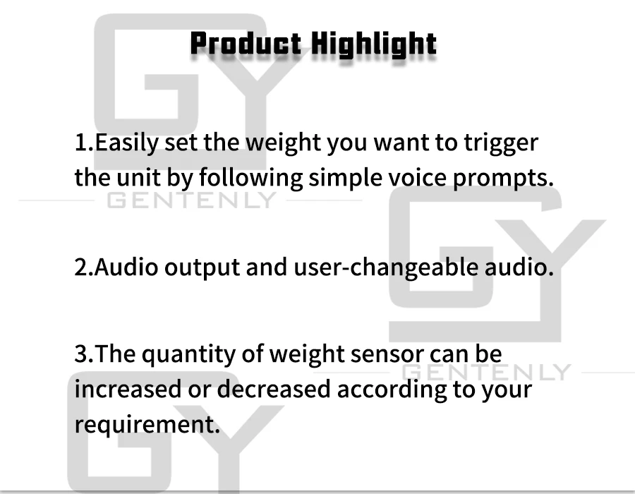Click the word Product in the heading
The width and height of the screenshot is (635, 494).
pyautogui.click(x=246, y=43)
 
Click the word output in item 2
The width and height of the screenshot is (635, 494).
pyautogui.click(x=202, y=268)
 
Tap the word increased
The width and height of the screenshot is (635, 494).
pyautogui.click(x=128, y=389)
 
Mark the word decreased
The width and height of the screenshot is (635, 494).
pyautogui.click(x=274, y=389)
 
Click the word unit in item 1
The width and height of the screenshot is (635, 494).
pyautogui.click(x=138, y=177)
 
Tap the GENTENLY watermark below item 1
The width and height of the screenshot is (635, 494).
pyautogui.click(x=191, y=200)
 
